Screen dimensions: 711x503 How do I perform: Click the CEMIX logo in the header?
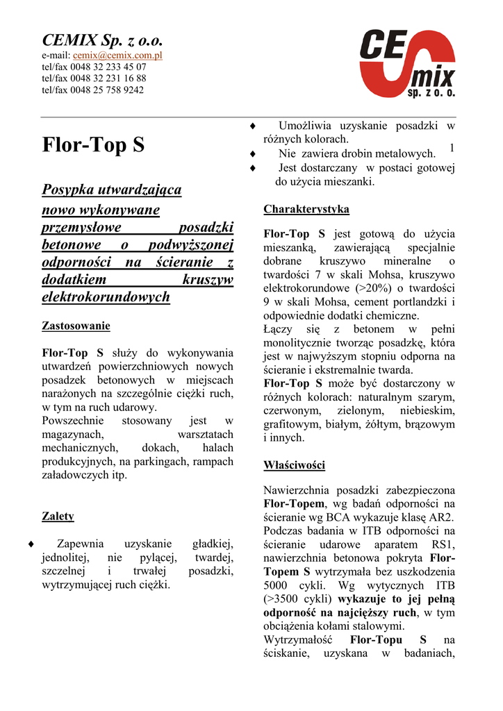pos(407,62)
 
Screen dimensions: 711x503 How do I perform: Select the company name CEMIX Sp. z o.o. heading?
pos(102,40)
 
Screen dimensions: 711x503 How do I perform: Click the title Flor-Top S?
pos(94,145)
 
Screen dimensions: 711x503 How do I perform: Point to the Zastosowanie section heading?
pos(76,325)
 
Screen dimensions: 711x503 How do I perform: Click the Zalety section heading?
pos(58,517)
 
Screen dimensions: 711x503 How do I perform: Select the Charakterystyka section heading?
pos(306,209)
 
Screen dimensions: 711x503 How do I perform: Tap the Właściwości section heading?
pos(294,465)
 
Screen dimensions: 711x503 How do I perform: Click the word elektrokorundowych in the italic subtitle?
pos(106,297)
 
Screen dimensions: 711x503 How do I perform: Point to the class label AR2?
pos(440,517)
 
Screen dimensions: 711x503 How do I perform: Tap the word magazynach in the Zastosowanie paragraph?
pos(73,434)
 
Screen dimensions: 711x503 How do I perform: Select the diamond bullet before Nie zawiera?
pos(253,154)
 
